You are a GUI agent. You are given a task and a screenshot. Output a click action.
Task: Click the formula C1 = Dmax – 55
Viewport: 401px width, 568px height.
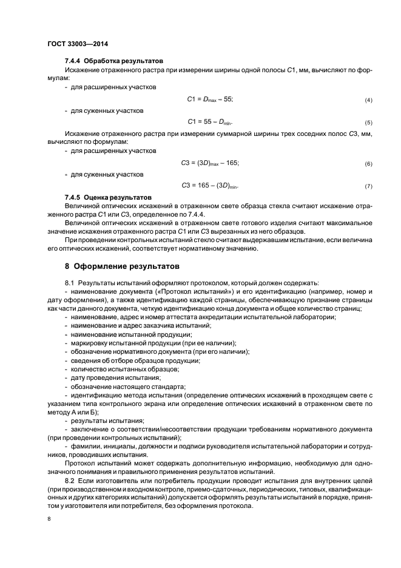tap(211, 98)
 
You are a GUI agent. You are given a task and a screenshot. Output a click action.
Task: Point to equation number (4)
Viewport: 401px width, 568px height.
tap(368, 99)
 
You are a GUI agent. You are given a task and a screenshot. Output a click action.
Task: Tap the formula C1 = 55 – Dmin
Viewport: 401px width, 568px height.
tap(211, 121)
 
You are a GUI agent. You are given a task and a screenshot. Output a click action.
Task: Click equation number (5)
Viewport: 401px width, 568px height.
tap(368, 121)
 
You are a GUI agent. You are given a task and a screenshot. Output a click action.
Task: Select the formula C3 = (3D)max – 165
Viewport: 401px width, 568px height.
tap(211, 163)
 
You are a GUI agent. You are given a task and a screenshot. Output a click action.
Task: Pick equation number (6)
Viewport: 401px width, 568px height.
tap(368, 164)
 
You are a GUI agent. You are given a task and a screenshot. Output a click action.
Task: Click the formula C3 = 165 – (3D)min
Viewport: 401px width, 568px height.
tap(211, 185)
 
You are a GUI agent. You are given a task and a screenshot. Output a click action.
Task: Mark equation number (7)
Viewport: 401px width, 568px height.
tap(368, 186)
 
